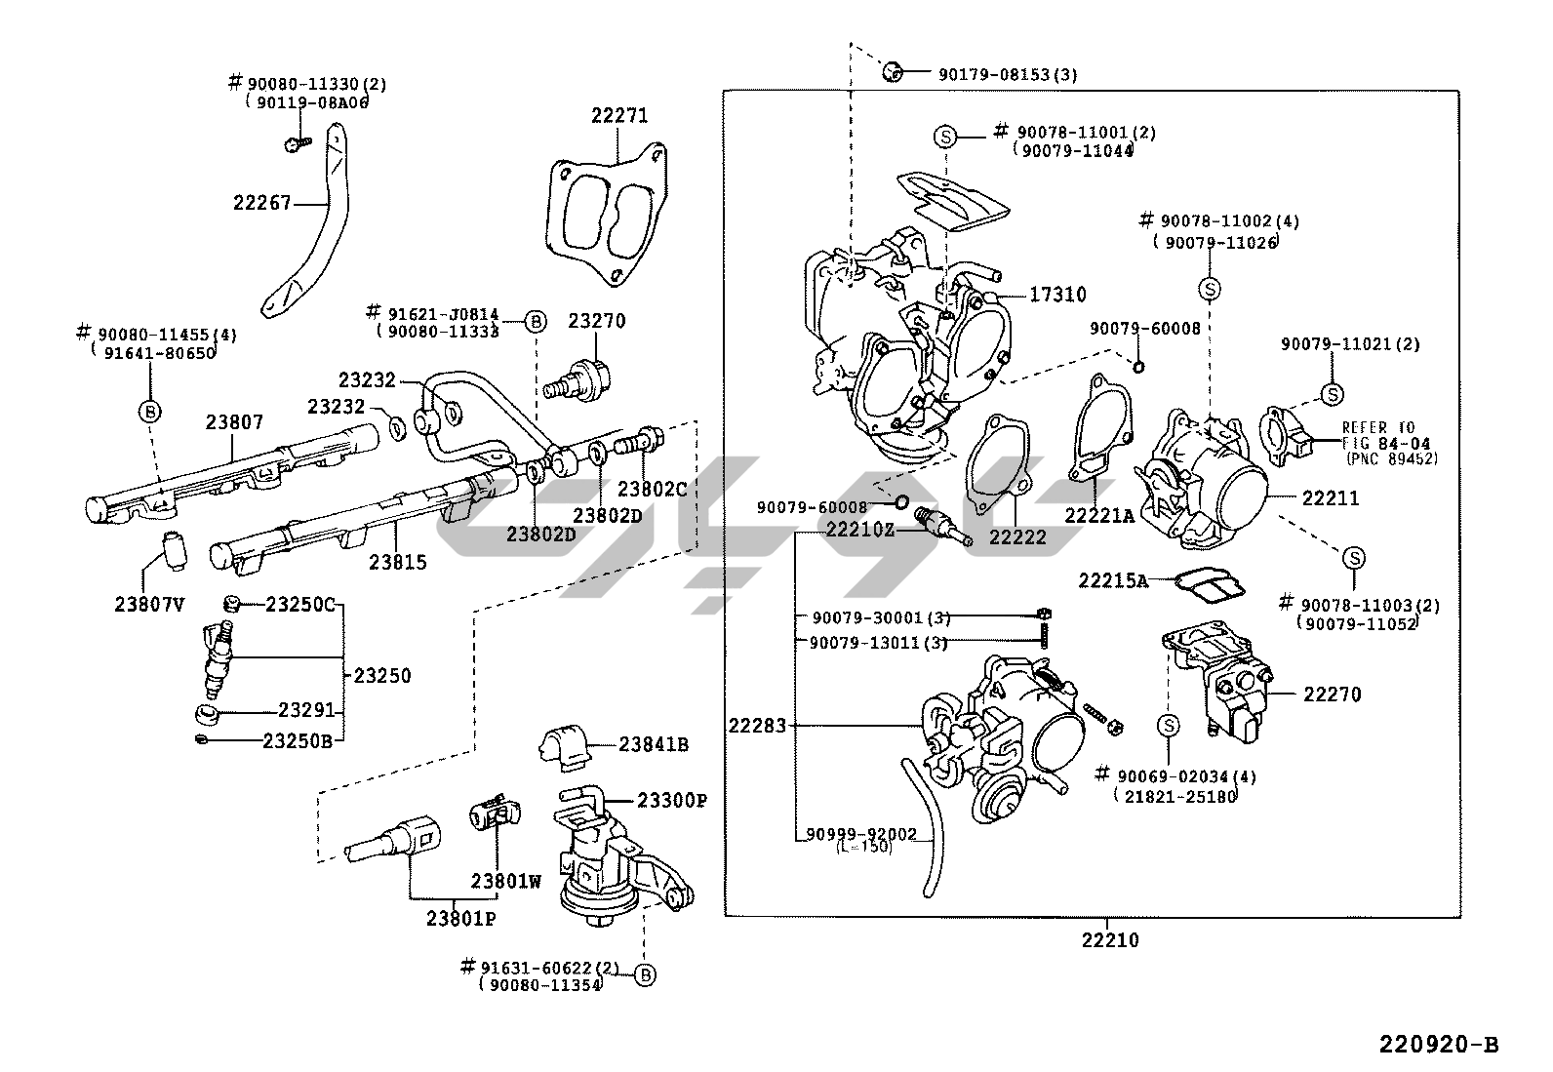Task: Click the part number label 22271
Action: (x=618, y=115)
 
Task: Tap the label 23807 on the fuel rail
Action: (x=234, y=422)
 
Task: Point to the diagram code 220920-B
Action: (x=1438, y=1045)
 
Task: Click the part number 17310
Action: (x=1057, y=294)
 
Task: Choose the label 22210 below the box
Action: (x=1109, y=940)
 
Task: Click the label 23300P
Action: (x=672, y=800)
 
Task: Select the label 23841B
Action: (x=654, y=744)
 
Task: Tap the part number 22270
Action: (x=1332, y=695)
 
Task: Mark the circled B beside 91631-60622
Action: (x=644, y=973)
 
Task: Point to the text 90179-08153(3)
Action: (x=1008, y=74)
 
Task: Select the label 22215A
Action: (x=1112, y=580)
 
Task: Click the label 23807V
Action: (x=149, y=604)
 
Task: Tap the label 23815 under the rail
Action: (x=397, y=562)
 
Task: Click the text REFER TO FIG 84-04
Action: (x=1377, y=434)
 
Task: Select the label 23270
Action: (x=597, y=321)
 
